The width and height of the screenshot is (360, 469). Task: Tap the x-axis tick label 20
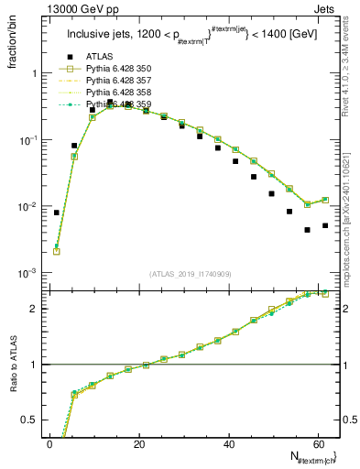tap(139, 444)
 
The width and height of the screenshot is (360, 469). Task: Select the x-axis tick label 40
tap(228, 444)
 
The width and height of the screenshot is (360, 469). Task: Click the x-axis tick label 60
tap(317, 444)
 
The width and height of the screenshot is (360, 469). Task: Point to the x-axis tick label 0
tap(50, 444)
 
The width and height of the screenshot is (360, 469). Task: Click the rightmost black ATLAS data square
tap(325, 225)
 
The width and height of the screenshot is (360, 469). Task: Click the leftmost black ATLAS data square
tap(57, 213)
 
